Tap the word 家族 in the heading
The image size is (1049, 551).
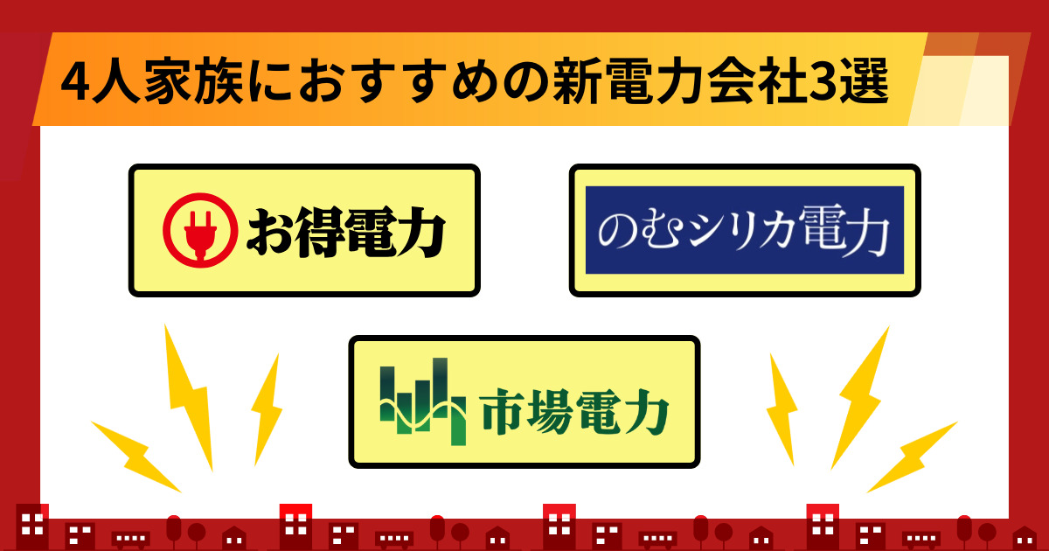193,80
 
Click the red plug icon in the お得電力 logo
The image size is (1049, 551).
200,231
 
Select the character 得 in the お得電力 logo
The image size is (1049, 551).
319,233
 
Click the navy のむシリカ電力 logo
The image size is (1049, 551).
745,230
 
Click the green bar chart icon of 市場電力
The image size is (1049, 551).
423,401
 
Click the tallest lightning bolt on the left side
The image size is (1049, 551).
188,397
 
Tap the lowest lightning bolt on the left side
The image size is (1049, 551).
135,456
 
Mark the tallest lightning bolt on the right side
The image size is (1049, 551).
860,398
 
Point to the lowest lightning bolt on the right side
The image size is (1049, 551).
912,457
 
